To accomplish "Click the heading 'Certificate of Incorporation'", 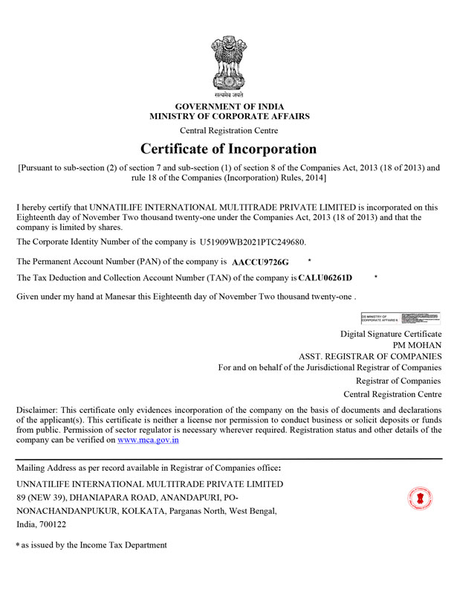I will click(228, 148).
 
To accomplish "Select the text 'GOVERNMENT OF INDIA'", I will click(229, 106).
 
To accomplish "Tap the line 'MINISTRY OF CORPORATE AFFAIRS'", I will click(229, 117).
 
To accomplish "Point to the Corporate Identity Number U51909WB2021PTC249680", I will click(253, 242).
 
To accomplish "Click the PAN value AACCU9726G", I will click(260, 263).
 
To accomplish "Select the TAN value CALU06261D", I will click(325, 278).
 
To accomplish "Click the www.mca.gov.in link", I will click(148, 440).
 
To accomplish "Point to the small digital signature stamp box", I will click(401, 318).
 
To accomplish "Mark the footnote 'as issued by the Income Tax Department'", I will click(94, 545).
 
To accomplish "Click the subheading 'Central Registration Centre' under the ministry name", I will click(229, 130).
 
